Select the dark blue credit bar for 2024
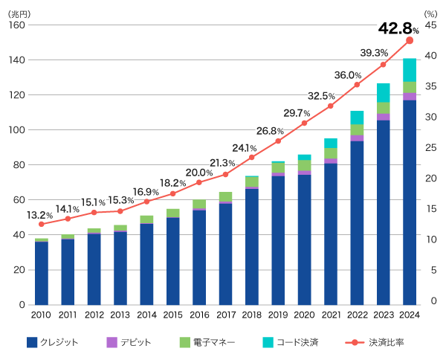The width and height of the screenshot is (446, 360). (410, 201)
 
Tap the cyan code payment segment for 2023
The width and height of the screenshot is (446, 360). (384, 92)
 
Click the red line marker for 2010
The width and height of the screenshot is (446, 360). (42, 224)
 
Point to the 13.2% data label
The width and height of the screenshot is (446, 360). (39, 215)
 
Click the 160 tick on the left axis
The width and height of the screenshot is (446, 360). (16, 25)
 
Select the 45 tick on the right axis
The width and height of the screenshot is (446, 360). (430, 25)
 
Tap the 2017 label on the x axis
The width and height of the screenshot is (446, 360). (225, 315)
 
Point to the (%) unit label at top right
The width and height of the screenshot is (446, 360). (430, 13)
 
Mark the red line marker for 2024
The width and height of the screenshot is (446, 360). (410, 40)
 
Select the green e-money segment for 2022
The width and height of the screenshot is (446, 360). (357, 129)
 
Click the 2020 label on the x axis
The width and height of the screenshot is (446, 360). (304, 315)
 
